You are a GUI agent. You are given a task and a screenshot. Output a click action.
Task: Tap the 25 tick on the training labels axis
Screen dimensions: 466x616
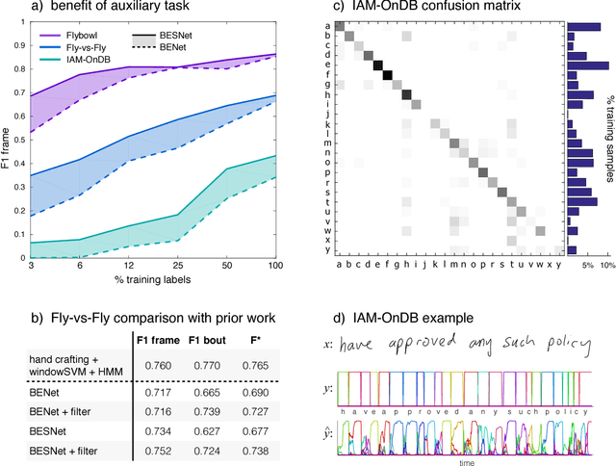(177, 266)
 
